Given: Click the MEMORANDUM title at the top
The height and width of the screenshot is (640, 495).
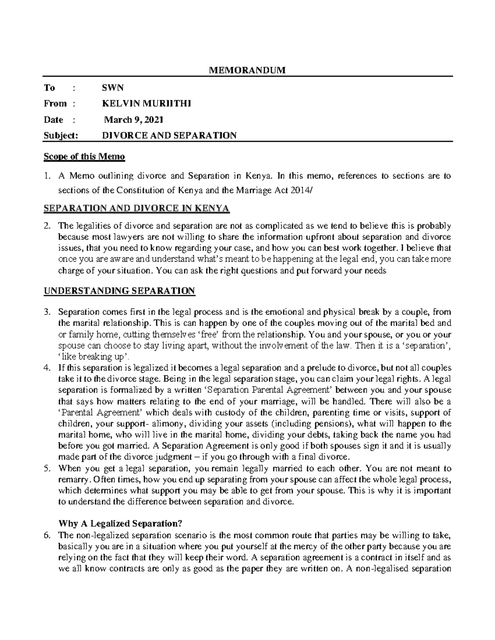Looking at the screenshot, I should point(247,70).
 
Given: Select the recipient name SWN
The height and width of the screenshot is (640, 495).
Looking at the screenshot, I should point(113,87).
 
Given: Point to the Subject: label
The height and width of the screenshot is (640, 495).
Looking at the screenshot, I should point(61,135).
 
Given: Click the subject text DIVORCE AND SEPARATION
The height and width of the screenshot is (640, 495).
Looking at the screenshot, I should point(169,135).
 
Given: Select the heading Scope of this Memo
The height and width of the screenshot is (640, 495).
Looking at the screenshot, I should point(84,157).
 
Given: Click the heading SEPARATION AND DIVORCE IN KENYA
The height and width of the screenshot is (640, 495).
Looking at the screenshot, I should point(136,208).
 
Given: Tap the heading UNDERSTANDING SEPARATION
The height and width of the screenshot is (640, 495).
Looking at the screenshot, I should point(119,291).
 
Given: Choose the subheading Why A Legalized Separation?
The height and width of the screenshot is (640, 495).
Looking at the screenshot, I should point(120,524).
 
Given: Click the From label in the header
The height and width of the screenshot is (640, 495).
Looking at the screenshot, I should point(55,103).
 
